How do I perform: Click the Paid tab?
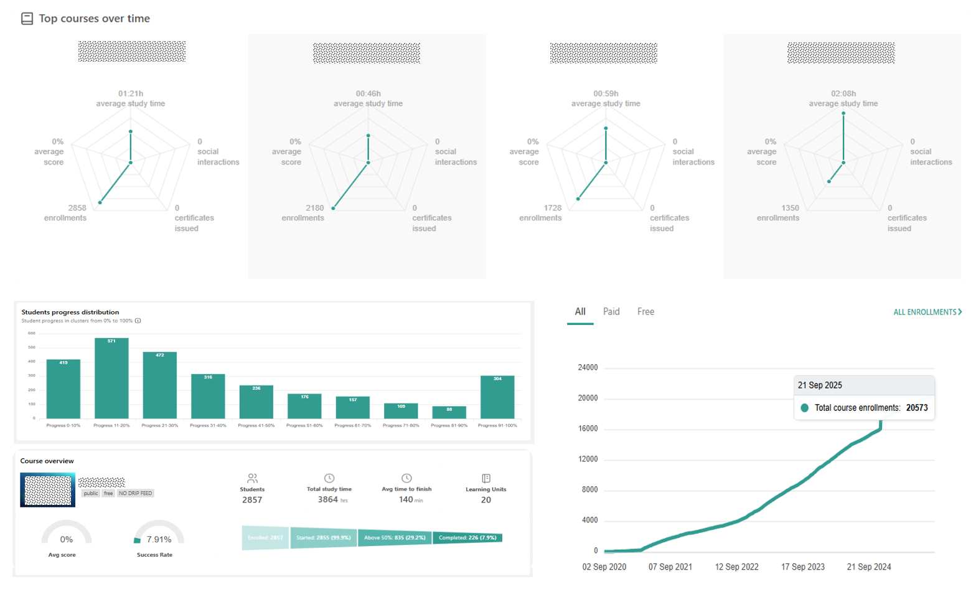coord(611,311)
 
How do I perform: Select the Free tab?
coord(645,311)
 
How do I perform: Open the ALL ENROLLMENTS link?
coord(927,312)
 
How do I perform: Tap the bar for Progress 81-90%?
coord(449,412)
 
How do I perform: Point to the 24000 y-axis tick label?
coord(588,367)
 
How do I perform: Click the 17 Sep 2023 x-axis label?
coord(802,567)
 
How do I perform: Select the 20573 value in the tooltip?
coord(916,408)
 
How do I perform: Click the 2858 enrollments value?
coord(77,208)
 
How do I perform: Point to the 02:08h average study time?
coord(843,93)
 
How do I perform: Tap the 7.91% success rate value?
coord(159,539)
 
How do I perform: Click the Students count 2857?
coord(252,500)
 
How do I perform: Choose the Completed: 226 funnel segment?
coord(467,537)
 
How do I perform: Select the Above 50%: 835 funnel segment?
coord(395,537)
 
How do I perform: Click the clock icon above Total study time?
coord(329,478)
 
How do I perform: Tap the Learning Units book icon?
coord(486,478)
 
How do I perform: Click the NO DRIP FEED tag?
coord(135,493)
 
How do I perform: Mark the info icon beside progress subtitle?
coord(138,321)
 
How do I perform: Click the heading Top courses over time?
coord(94,19)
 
